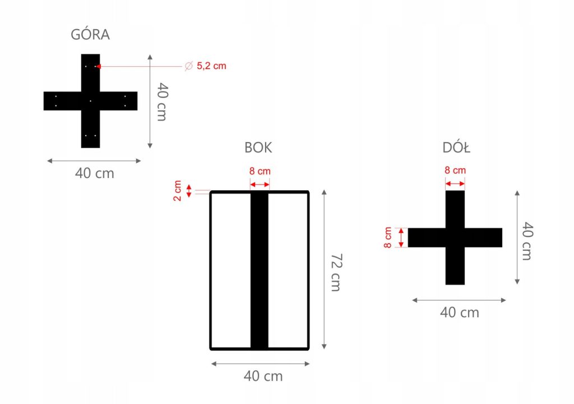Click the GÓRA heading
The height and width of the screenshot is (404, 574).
(90, 35)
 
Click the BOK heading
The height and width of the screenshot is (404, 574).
(258, 148)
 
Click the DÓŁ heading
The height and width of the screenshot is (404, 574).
(456, 148)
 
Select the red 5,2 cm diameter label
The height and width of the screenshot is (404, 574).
(211, 66)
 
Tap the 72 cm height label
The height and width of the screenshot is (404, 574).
(335, 272)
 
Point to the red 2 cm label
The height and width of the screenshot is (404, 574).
(178, 191)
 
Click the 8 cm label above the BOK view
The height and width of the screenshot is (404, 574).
(260, 171)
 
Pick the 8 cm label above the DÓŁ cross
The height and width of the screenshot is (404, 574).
(455, 170)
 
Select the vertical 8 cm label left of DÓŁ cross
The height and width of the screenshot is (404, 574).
(388, 237)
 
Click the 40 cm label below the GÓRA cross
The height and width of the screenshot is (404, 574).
(95, 173)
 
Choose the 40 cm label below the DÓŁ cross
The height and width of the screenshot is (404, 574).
(460, 313)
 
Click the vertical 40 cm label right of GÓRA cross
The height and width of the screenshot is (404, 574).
(162, 102)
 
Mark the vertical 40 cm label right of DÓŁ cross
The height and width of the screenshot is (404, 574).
(527, 241)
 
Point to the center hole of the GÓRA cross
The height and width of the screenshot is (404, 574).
(90, 101)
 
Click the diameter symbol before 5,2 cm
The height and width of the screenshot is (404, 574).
(189, 66)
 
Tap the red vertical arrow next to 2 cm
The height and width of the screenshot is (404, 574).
(189, 191)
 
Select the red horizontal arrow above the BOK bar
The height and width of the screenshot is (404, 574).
(260, 185)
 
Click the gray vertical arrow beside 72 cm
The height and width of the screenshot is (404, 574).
(324, 269)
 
